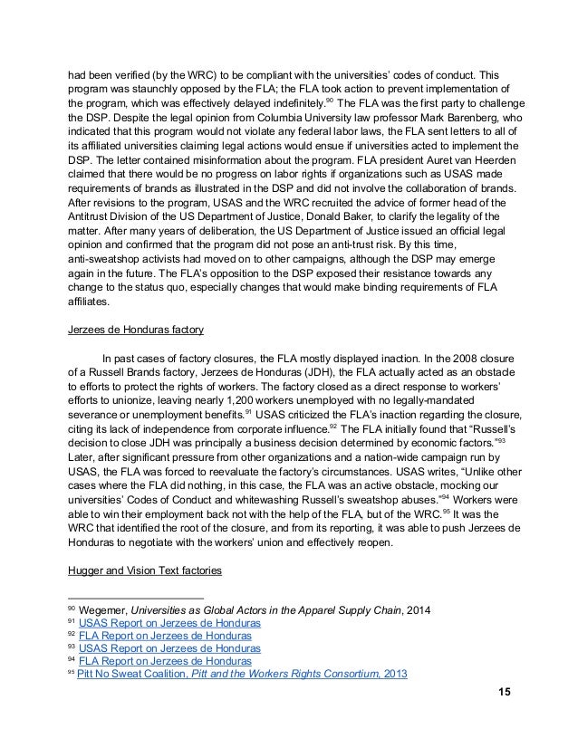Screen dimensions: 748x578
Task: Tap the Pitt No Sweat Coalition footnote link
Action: [x=242, y=674]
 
